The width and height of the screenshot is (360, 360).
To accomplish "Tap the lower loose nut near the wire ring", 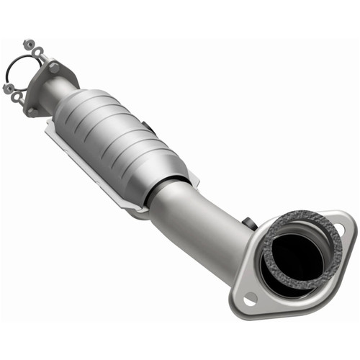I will (7, 89).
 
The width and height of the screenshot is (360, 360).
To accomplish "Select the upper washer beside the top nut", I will (37, 52).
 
